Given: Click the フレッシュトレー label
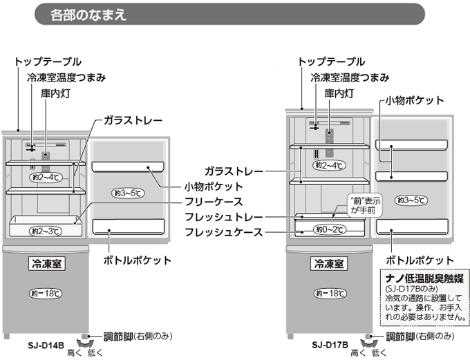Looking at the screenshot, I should [x=225, y=217].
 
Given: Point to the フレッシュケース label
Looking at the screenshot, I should [x=225, y=232].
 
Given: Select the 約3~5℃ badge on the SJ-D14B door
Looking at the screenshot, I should [x=128, y=191].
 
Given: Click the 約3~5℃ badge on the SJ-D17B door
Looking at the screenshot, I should [x=411, y=200].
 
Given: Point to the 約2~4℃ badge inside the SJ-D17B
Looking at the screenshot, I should [x=328, y=165].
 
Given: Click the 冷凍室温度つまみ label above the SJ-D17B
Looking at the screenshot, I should [x=349, y=77].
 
